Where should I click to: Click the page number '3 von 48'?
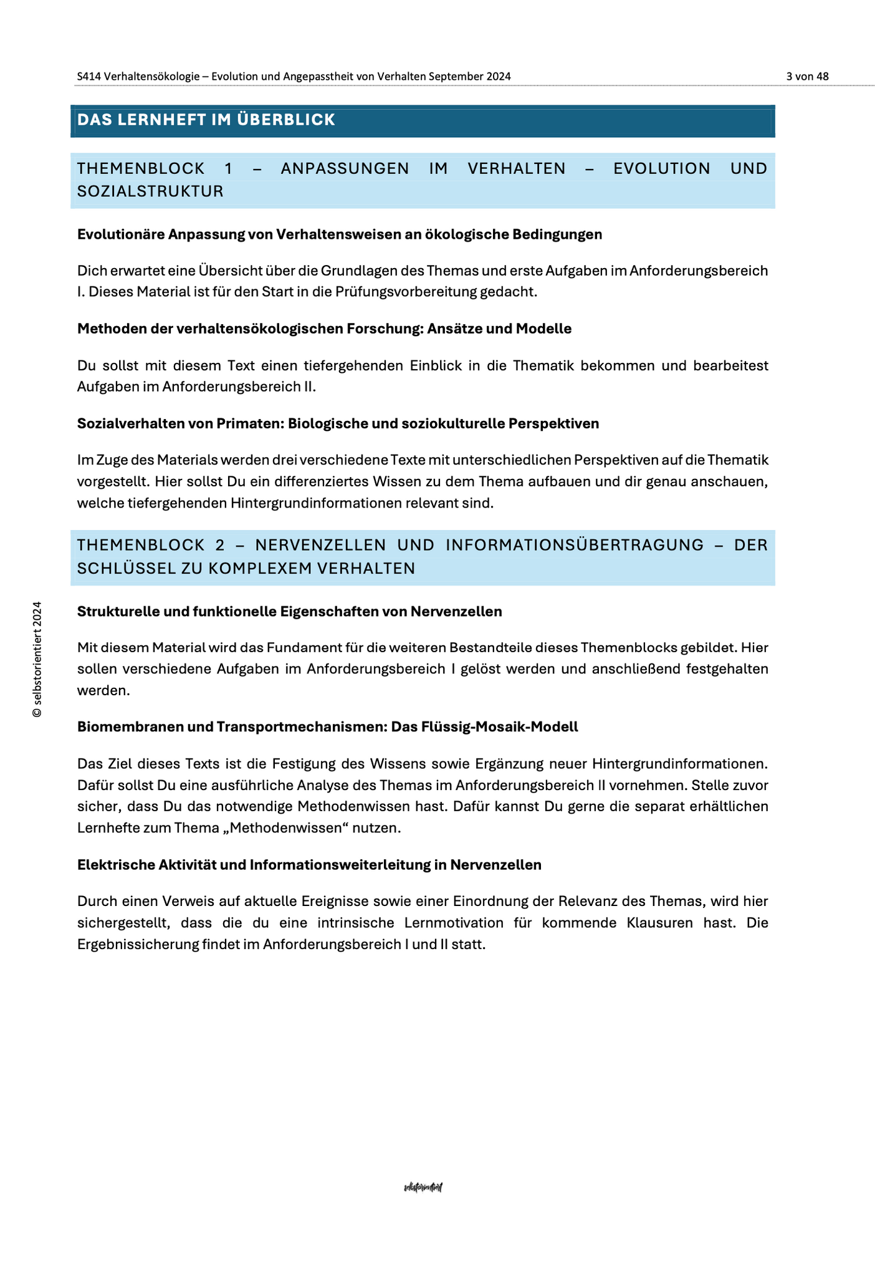807,76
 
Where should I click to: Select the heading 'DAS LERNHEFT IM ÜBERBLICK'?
206,120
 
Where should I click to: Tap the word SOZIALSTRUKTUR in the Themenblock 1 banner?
150,191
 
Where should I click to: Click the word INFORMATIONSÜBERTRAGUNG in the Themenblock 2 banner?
575,545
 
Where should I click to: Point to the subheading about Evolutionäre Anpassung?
340,234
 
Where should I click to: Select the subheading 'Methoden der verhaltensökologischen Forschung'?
324,329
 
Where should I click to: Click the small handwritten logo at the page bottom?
423,1187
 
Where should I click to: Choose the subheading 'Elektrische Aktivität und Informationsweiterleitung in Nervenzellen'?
309,865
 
